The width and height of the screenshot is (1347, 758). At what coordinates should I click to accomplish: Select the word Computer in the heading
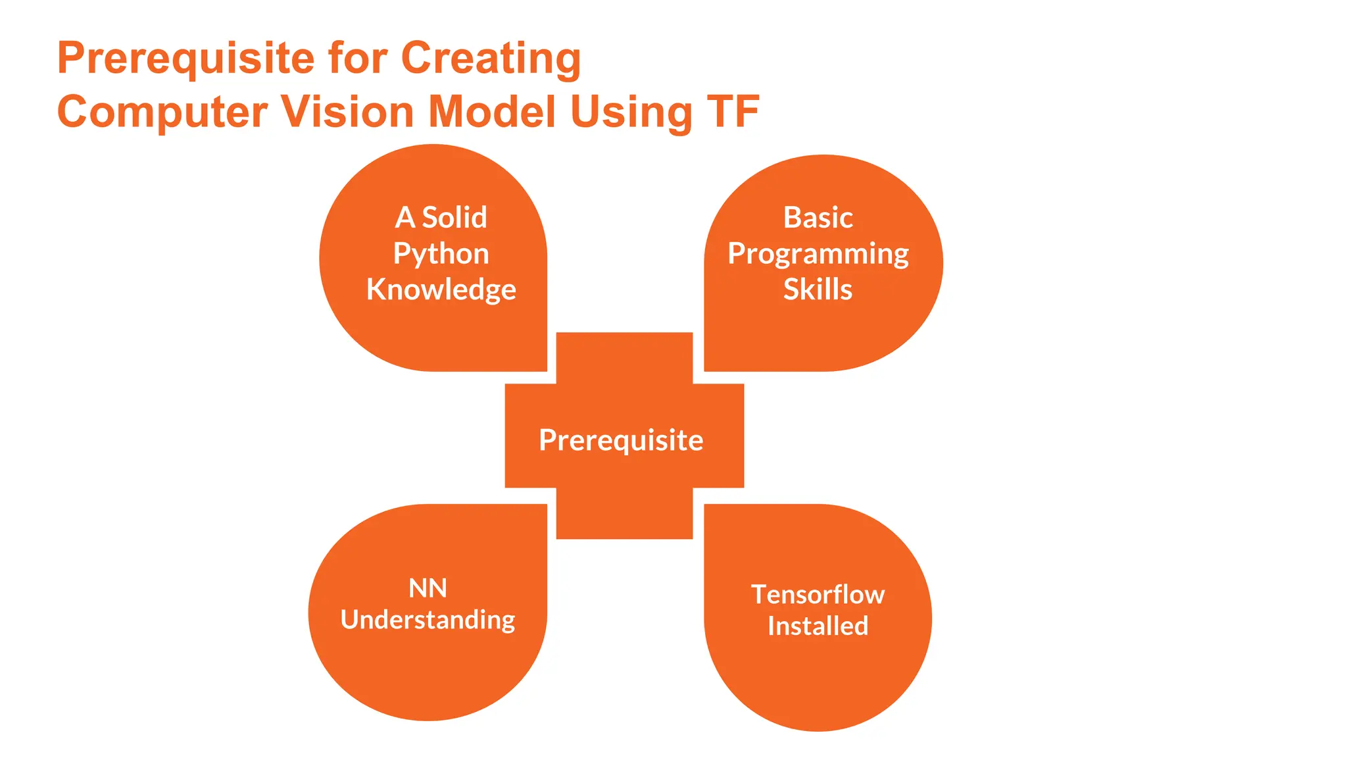tap(162, 112)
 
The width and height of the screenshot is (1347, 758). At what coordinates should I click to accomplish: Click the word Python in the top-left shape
tap(441, 254)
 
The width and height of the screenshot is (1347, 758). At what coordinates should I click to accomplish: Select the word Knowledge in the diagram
tap(441, 290)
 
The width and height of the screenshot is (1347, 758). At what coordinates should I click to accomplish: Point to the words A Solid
tap(441, 218)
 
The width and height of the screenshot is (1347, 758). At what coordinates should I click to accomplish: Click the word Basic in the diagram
tap(818, 218)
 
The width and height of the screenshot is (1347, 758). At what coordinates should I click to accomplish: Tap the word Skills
tap(818, 290)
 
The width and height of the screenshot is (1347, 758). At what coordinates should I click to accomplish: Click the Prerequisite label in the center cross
tap(621, 440)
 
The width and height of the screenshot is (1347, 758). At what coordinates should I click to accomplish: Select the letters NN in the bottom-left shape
tap(428, 588)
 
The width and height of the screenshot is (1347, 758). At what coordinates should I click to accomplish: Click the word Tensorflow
tap(818, 595)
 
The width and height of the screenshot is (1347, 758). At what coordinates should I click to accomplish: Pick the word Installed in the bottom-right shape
tap(818, 626)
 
